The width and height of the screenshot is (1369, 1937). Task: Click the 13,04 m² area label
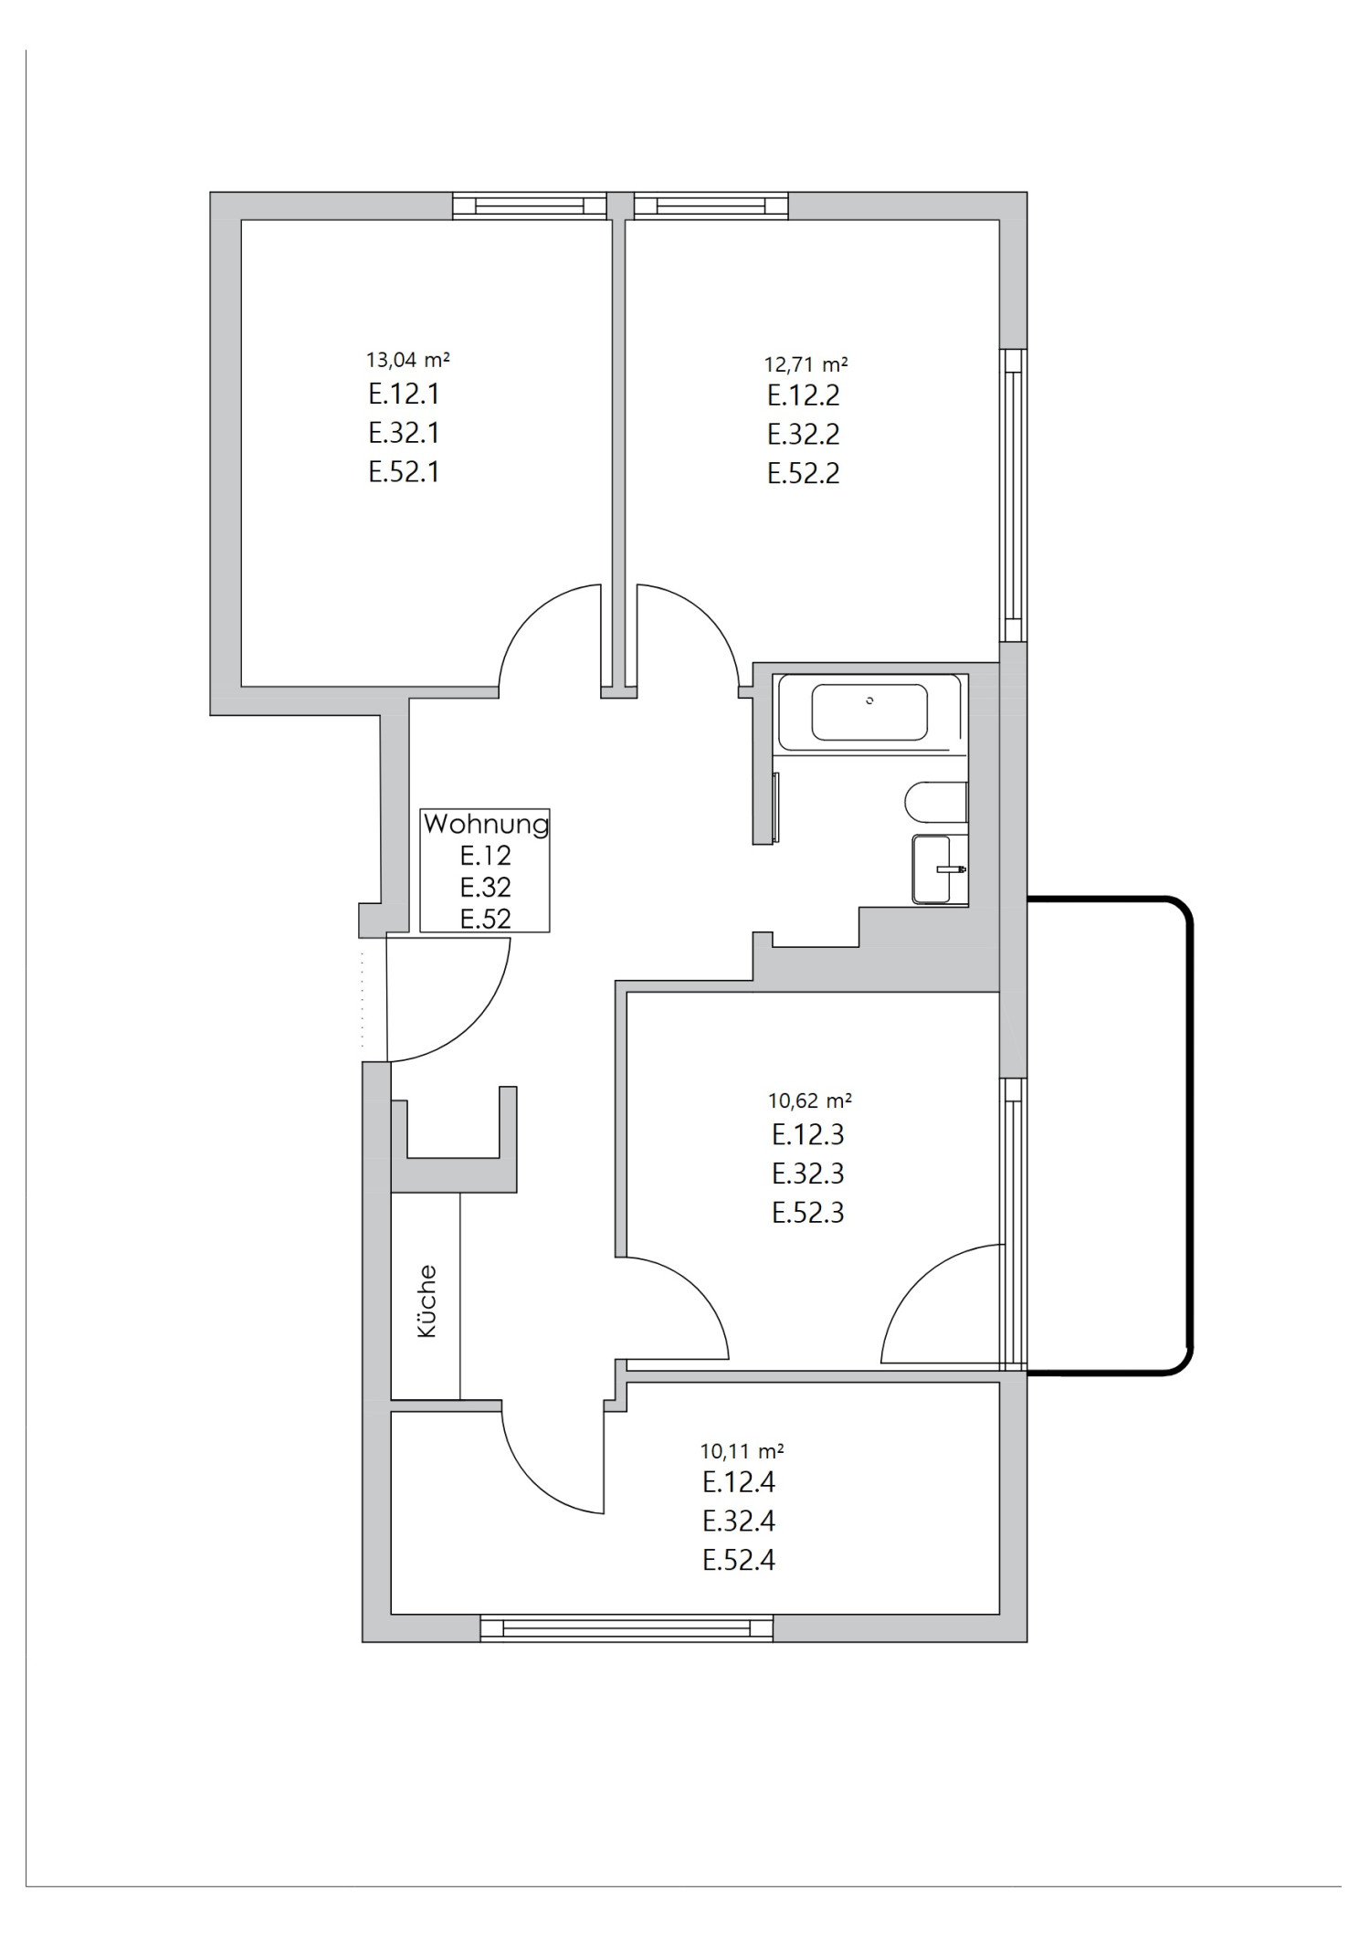407,359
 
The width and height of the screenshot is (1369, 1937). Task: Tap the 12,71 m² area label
806,364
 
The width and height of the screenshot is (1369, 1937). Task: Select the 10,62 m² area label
809,1100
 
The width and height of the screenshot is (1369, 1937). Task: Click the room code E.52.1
404,472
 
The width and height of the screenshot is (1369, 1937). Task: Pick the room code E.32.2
803,434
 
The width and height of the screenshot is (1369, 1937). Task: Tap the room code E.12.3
807,1134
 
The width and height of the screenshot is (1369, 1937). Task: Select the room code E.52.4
738,1561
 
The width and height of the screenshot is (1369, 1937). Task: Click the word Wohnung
486,825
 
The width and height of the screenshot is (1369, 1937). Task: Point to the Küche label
426,1301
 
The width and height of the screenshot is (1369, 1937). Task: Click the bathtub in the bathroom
869,712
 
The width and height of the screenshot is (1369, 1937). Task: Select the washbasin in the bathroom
939,869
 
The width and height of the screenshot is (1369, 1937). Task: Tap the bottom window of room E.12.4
627,1628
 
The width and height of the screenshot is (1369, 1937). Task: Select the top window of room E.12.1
530,205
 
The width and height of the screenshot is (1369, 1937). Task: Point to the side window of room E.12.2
1012,494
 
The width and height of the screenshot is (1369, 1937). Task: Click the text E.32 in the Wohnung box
485,887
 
